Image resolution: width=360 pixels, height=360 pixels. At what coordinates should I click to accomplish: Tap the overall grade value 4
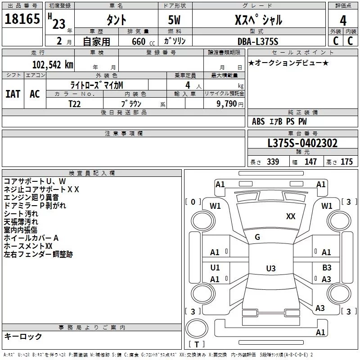click(343, 20)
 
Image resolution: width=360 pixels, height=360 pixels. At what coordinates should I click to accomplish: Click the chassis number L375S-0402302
click(302, 143)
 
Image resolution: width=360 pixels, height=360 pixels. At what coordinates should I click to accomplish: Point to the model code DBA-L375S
click(258, 41)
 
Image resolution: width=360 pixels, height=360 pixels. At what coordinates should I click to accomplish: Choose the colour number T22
click(75, 103)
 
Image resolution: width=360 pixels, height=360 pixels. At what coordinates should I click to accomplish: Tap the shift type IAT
click(13, 94)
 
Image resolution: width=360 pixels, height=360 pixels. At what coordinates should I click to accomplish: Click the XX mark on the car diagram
click(291, 216)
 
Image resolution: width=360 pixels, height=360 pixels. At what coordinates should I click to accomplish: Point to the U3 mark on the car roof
click(270, 269)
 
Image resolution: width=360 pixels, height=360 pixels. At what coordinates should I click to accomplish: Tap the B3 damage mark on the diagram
click(327, 267)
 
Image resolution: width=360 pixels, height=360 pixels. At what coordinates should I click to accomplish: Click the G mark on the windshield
click(257, 237)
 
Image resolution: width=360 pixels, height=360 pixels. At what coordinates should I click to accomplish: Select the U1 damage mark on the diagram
click(215, 267)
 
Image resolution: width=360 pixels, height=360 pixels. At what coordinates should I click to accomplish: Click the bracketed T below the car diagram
click(197, 344)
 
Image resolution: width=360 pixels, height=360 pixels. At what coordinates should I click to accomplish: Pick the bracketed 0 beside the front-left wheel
click(193, 202)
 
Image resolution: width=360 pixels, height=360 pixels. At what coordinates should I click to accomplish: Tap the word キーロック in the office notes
click(23, 336)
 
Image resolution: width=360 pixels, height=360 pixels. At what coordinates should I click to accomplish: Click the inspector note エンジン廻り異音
click(31, 197)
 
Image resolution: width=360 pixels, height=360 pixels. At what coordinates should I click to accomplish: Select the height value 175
click(346, 162)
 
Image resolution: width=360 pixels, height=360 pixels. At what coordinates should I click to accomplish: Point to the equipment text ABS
click(258, 121)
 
